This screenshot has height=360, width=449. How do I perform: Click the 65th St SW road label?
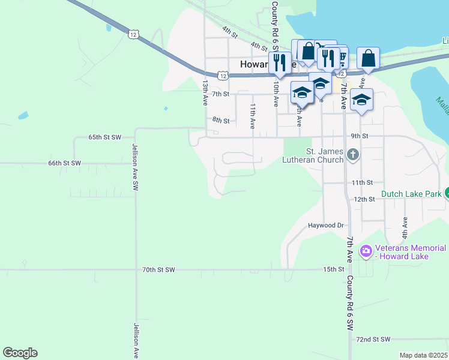coord(105,137)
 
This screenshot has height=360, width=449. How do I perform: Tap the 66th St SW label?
coord(64,163)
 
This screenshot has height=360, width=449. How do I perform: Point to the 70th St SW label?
coord(158,270)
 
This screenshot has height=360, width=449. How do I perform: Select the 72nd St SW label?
coord(373,340)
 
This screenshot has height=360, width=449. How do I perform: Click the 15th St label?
coord(333,270)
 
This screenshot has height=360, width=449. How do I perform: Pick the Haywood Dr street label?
coord(325,226)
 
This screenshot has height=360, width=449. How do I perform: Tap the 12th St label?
coord(364,199)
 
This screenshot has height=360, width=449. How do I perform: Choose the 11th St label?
coord(363,182)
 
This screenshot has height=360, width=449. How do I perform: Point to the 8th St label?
coord(221,121)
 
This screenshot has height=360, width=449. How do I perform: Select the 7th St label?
coord(221,94)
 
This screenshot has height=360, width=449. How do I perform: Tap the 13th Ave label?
coord(205,93)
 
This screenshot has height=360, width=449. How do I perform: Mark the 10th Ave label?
coord(276,95)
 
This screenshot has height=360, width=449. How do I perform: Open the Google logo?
coord(20,353)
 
